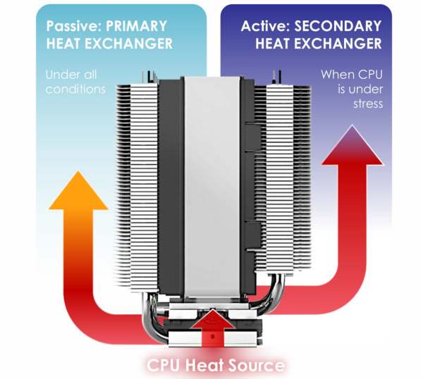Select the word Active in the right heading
[x=262, y=27]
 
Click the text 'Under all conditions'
[x=74, y=81]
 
